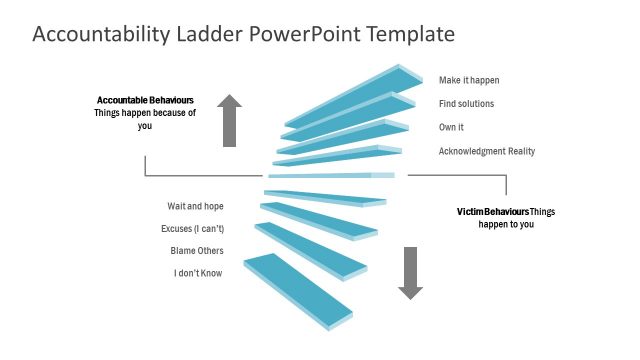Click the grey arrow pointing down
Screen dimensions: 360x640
pos(410,272)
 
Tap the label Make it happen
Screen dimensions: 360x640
pos(468,80)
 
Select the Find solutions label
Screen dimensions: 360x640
pos(466,104)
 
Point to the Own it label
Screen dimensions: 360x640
pos(451,128)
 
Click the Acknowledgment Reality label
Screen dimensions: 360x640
pos(487,152)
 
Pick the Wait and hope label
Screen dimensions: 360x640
pos(195,206)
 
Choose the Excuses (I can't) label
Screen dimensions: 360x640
pos(192,229)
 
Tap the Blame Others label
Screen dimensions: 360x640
pos(197,251)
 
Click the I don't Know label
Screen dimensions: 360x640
pos(198,273)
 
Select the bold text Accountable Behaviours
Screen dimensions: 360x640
pos(145,100)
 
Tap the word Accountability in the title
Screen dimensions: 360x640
pos(100,35)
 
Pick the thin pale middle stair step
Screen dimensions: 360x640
pos(330,176)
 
